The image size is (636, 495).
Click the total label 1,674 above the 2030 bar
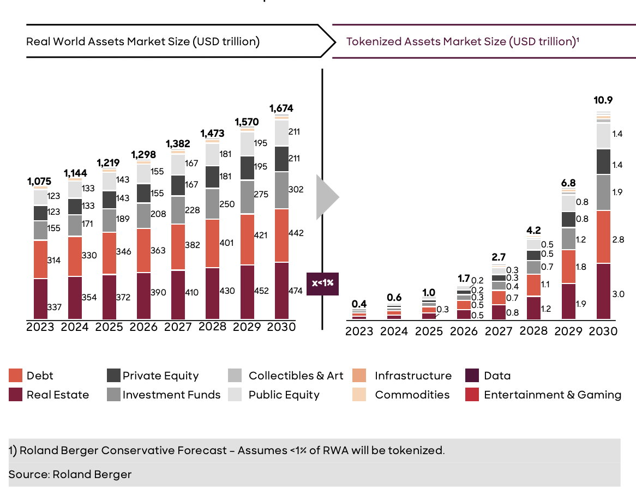pos(281,108)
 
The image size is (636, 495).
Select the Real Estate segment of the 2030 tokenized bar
pos(603,292)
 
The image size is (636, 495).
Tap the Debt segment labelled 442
pos(281,236)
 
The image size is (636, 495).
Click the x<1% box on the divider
pos(322,283)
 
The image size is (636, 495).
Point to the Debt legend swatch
pos(15,376)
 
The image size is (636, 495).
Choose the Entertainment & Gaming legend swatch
pos(472,395)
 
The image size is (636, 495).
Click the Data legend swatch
pos(472,376)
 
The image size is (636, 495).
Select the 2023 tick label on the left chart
pos(40,327)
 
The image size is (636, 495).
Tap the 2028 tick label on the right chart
pos(533,331)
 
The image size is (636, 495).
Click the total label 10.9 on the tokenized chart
pos(603,100)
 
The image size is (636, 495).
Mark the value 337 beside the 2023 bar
pos(54,307)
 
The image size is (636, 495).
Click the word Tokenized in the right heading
pos(373,41)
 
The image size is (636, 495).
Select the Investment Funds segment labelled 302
pos(281,190)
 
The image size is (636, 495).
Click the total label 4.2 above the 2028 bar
pos(533,230)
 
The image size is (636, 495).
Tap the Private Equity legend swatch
pos(113,376)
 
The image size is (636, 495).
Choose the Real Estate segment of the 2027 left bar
pos(178,294)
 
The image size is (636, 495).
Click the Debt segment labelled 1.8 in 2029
pos(568,267)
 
